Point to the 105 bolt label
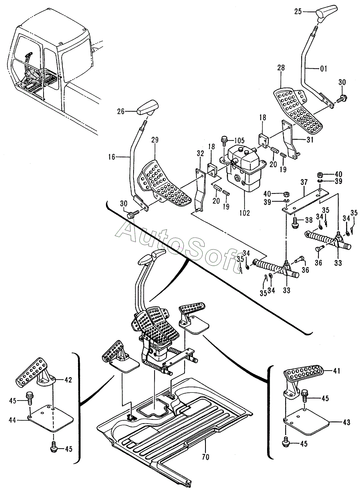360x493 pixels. tap(239, 140)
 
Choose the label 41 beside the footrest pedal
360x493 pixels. tap(337, 371)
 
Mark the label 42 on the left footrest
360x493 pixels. tap(68, 380)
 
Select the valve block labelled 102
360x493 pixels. tap(243, 170)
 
